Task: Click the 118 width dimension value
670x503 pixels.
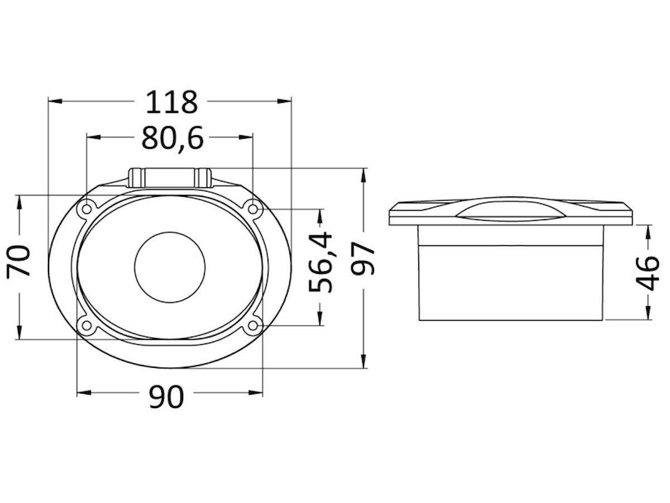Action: click(172, 102)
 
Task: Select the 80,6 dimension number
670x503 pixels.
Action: click(173, 138)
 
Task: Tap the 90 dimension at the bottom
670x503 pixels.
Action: click(166, 396)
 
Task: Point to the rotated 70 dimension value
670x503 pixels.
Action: click(18, 260)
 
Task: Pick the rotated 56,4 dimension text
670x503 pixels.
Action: click(320, 262)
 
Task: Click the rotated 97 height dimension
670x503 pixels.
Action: click(362, 258)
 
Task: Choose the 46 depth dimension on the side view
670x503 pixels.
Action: click(647, 273)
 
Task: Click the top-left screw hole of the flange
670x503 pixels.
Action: click(87, 209)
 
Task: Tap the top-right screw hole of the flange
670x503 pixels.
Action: click(253, 209)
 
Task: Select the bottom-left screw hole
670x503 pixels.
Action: click(87, 326)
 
